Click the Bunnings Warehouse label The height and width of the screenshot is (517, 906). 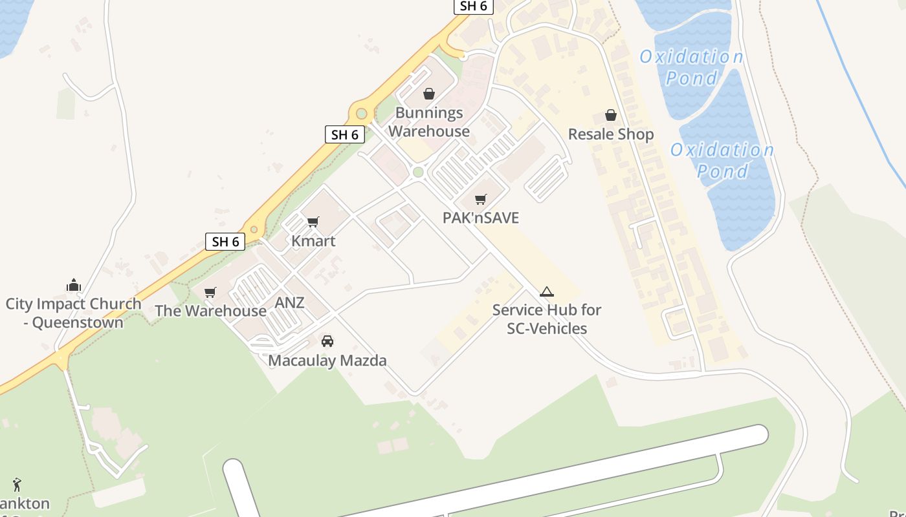[429, 122]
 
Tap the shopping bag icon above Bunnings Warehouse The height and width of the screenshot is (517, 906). [428, 94]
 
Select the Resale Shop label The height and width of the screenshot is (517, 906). [610, 134]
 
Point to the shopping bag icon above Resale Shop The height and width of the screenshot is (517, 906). [610, 115]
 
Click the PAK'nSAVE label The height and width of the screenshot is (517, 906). [480, 218]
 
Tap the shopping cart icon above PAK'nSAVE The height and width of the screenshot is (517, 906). [480, 199]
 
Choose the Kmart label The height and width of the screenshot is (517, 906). [313, 241]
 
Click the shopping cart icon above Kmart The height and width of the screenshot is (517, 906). [313, 222]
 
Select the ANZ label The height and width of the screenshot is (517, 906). [289, 302]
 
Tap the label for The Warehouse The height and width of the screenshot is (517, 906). [210, 311]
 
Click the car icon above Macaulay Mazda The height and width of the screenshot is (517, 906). [327, 341]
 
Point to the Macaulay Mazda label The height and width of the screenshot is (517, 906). [327, 361]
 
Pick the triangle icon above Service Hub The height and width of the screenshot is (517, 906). [547, 291]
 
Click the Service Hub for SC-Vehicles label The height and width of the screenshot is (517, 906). [547, 319]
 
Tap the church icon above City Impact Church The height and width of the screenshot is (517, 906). [73, 285]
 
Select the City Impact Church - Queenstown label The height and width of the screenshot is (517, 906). [73, 313]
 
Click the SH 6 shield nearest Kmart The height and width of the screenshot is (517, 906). [225, 242]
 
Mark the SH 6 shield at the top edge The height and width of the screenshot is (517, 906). [473, 6]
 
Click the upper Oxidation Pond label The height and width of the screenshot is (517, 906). [691, 67]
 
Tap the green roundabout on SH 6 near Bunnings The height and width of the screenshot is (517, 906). [361, 114]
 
